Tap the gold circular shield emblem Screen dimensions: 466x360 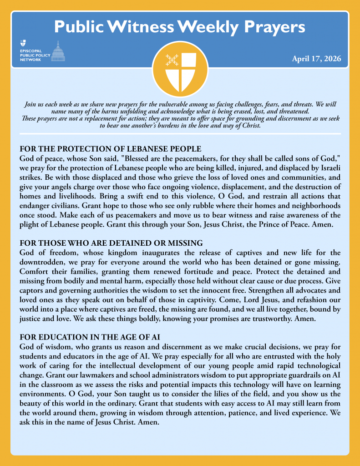pyautogui.click(x=180, y=68)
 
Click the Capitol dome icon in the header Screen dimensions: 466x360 pyautogui.click(x=58, y=51)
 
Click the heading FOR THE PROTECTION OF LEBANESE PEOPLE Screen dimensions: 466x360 pyautogui.click(x=110, y=149)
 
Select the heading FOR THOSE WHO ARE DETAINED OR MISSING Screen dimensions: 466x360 pyautogui.click(x=111, y=243)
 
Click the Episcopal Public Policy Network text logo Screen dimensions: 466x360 pyautogui.click(x=33, y=54)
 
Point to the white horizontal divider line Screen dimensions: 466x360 pyautogui.click(x=180, y=134)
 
